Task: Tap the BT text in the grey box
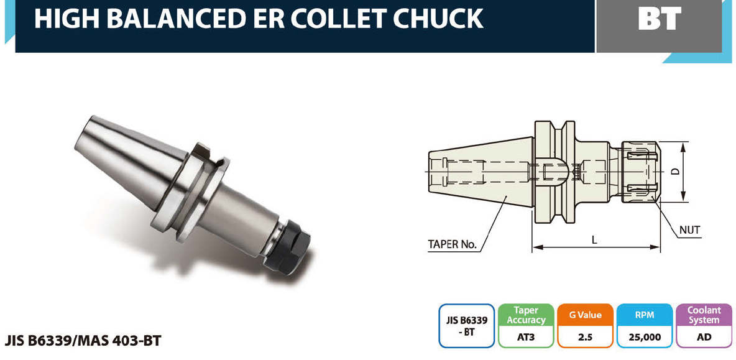(659, 19)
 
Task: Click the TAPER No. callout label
(452, 244)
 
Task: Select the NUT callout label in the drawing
(690, 231)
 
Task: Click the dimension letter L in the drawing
(594, 240)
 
